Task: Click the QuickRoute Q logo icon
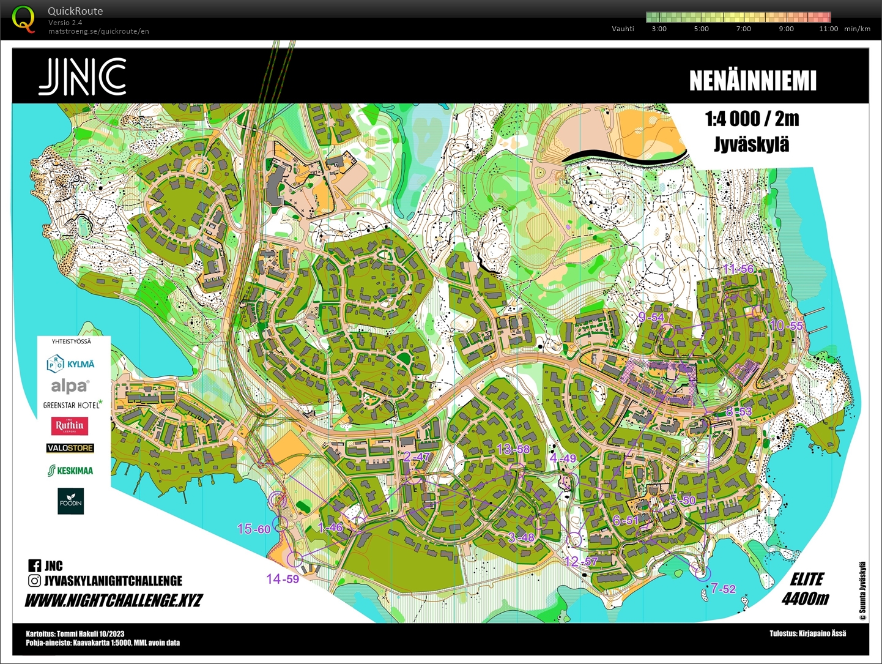click(x=23, y=18)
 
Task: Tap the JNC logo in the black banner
click(x=83, y=77)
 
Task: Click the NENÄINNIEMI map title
click(x=752, y=81)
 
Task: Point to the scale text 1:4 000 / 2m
click(x=752, y=119)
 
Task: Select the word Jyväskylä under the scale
click(x=752, y=144)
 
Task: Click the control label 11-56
click(x=738, y=269)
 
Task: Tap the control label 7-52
click(x=723, y=589)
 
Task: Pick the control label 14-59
click(x=283, y=579)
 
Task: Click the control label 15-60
click(x=253, y=529)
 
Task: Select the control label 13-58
click(x=513, y=449)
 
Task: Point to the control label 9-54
click(x=651, y=317)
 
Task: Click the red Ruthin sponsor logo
click(x=70, y=425)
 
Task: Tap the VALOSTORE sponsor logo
click(x=70, y=448)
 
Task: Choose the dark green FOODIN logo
click(x=70, y=501)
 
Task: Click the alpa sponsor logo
click(x=70, y=386)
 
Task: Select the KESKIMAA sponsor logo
click(x=70, y=471)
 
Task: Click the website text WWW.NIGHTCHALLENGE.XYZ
click(x=114, y=600)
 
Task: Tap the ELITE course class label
click(x=807, y=579)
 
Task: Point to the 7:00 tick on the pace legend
click(x=743, y=29)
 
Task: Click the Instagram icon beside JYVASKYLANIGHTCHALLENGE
click(x=35, y=581)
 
